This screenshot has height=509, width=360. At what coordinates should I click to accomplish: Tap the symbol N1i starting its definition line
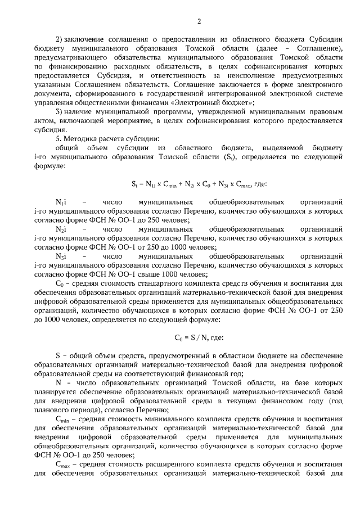[x=61, y=202]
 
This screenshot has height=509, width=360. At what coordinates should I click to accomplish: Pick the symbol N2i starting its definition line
[x=61, y=229]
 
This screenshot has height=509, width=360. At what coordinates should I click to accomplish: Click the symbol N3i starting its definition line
[x=61, y=256]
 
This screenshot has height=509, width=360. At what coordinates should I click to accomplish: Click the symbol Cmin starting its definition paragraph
[x=62, y=419]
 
